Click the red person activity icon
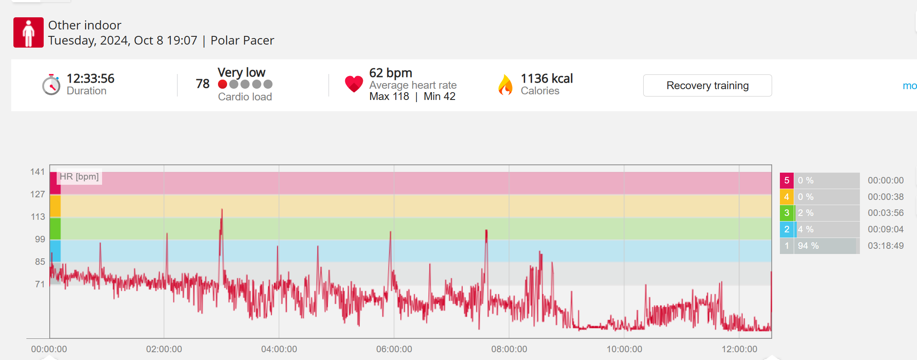(29, 32)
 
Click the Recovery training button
(707, 86)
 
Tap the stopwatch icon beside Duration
(51, 85)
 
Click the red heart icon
(354, 84)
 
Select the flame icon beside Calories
(505, 84)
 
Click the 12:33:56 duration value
(90, 78)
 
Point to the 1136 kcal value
(547, 78)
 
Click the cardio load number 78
(202, 84)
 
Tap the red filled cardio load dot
(222, 84)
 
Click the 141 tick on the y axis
(38, 172)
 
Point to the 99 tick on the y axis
(40, 239)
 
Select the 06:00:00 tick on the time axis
(394, 349)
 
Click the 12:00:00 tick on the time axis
(739, 349)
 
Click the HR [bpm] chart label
(79, 177)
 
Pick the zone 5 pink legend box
(786, 180)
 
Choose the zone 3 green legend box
(786, 213)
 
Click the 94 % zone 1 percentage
(808, 246)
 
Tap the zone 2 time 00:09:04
(885, 229)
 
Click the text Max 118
(389, 96)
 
